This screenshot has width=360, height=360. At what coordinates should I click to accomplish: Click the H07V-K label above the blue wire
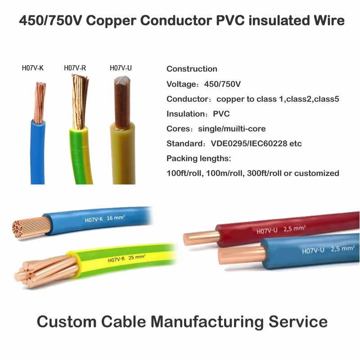click(x=32, y=68)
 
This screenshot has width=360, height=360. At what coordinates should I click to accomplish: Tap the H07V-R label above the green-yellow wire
click(x=75, y=68)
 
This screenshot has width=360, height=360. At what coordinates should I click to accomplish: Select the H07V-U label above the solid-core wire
click(x=121, y=68)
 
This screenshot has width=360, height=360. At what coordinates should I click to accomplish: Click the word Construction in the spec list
click(x=192, y=69)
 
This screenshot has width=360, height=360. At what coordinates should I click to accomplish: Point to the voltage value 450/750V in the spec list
click(x=222, y=84)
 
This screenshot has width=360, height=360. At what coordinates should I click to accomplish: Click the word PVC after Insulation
click(x=221, y=114)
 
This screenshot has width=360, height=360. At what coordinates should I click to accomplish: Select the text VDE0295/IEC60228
click(x=249, y=144)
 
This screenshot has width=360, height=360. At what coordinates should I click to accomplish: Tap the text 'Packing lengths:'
click(x=199, y=158)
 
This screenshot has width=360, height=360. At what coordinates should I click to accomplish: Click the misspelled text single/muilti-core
click(x=232, y=129)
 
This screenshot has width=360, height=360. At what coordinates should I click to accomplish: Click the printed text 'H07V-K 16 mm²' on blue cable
click(x=105, y=219)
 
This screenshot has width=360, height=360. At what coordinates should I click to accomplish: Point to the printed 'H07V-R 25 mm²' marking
click(x=126, y=258)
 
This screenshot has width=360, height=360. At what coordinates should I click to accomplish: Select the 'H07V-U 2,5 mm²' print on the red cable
click(x=281, y=229)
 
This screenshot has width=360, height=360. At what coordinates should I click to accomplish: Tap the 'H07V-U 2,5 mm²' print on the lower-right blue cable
click(x=328, y=250)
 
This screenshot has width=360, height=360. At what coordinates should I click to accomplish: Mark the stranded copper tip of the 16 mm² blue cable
click(x=31, y=227)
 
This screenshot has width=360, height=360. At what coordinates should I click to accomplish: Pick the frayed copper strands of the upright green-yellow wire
click(x=80, y=102)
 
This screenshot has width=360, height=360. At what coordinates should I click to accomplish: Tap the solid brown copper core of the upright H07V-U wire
click(x=122, y=103)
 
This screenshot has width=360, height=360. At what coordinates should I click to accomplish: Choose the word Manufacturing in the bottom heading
click(x=207, y=322)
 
